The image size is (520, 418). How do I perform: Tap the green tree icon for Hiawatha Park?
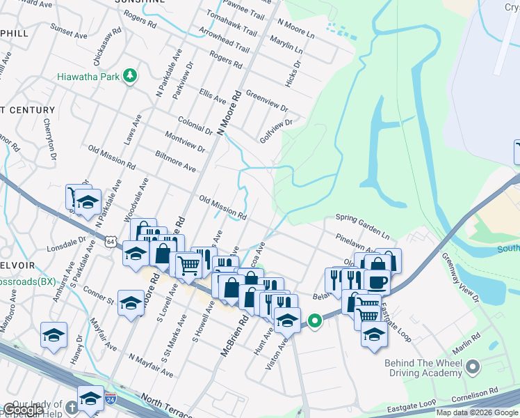[x=129, y=75]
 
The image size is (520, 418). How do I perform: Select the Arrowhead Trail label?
[x=223, y=41]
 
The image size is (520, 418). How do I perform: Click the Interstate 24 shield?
[x=111, y=399]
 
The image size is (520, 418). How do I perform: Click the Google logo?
[x=23, y=410]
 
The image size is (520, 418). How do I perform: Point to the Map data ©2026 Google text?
[x=476, y=412]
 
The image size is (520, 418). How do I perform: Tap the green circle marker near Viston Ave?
[x=315, y=321]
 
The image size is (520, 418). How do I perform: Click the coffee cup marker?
[x=377, y=281]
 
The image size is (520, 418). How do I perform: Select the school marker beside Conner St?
[x=130, y=303]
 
